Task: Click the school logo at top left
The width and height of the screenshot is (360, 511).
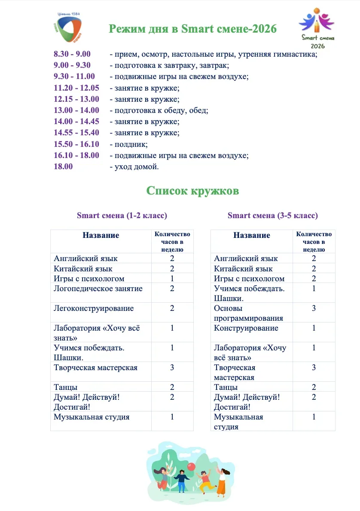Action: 67,27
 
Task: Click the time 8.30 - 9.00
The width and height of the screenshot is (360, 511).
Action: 72,54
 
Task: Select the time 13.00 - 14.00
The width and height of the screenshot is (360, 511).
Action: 76,110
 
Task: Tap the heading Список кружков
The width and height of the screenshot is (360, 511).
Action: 192,191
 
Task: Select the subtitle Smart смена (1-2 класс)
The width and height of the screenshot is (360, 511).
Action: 122,216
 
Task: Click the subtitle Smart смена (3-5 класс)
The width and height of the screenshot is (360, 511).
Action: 273,216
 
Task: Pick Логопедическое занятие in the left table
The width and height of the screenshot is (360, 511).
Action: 98,289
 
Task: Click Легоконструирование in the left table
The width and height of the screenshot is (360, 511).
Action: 94,308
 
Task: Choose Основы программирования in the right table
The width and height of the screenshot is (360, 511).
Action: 248,313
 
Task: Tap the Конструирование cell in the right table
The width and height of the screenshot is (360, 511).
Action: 245,328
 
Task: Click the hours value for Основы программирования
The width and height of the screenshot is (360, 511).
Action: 314,308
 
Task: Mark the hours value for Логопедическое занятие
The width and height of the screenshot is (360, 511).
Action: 172,289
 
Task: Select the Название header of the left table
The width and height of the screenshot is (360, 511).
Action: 101,235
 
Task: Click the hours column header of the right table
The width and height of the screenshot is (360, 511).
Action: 314,241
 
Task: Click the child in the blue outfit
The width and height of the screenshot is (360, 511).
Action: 181,480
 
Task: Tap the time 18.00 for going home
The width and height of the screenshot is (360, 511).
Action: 63,167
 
